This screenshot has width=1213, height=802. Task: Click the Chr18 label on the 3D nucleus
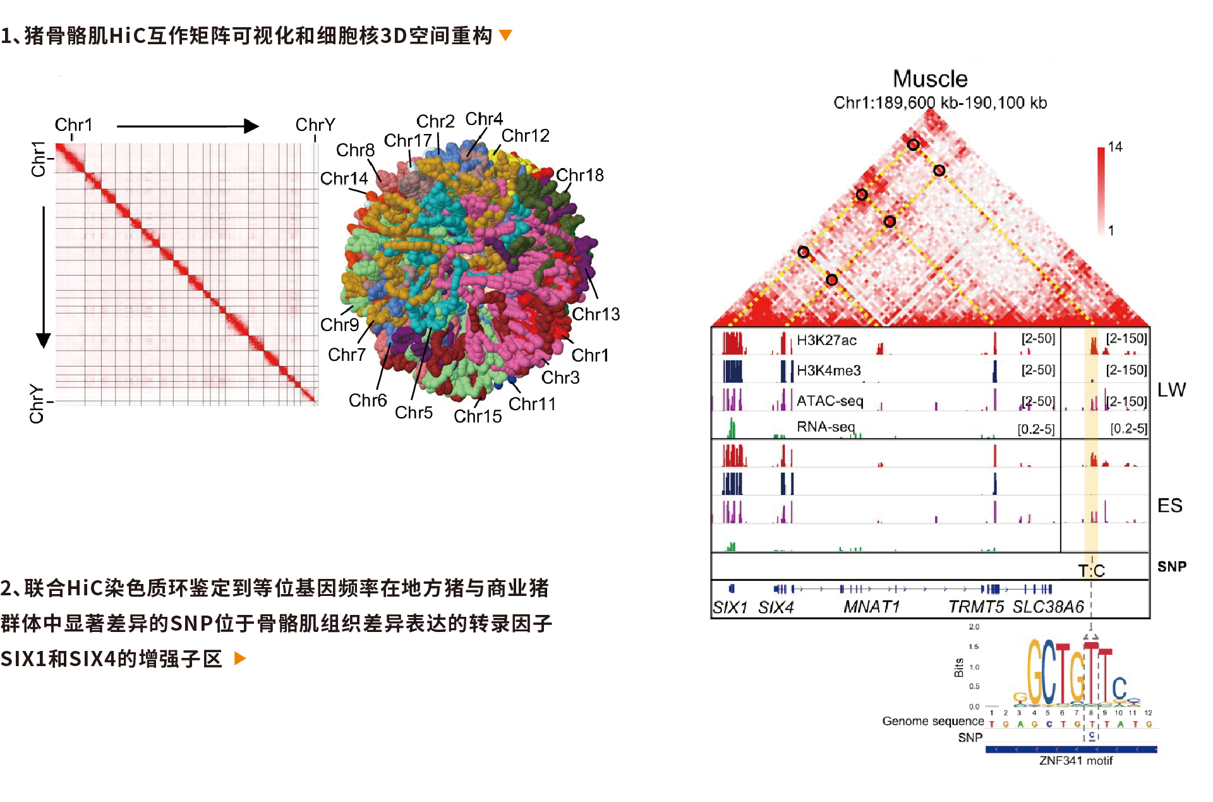coord(579,175)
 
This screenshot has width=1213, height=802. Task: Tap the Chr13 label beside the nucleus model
coord(596,314)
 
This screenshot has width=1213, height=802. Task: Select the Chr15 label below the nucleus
coord(478,416)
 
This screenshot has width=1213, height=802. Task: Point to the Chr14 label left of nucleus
coord(344,179)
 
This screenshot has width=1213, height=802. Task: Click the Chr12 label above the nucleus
coord(525,136)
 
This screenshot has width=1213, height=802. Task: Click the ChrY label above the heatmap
coord(315,125)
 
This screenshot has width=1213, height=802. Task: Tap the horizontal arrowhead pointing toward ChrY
coord(252,126)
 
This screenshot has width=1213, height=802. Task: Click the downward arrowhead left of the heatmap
coord(44,340)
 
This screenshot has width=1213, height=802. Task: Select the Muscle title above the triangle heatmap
coord(930,79)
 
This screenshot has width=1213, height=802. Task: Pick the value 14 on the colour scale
coord(1115,147)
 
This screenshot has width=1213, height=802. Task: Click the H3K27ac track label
coord(826,341)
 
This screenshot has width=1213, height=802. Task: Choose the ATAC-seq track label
coord(830,401)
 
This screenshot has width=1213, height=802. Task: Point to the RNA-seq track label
coord(826,427)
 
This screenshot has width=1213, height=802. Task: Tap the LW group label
coord(1171,390)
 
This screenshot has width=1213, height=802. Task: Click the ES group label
coord(1169,506)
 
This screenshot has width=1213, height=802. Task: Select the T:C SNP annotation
coord(1091,571)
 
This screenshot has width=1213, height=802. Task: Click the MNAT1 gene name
coord(871,607)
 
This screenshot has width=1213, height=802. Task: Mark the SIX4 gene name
coord(776,607)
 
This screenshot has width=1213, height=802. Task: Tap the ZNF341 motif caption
coord(1075,760)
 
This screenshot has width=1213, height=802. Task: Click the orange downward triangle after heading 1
coord(505,35)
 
